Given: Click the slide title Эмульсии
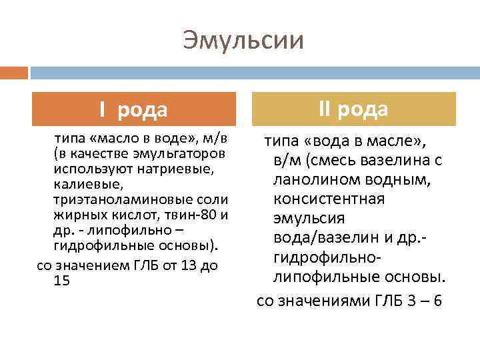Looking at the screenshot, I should pos(243,40).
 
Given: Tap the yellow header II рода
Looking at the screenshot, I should pos(353,109).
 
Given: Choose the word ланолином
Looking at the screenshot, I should pos(309,180).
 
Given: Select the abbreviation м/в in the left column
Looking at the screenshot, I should pos(215,138).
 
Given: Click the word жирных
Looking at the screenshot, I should pos(75,215).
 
